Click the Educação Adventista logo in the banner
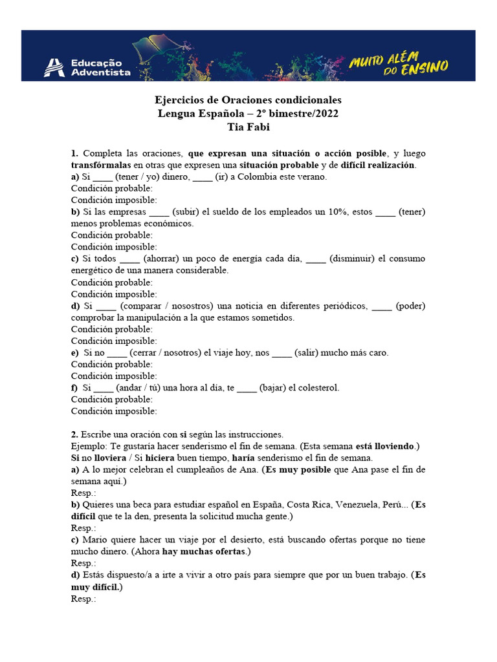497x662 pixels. tap(87, 67)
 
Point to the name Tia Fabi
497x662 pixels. tap(248, 126)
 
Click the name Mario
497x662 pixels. tap(94, 540)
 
